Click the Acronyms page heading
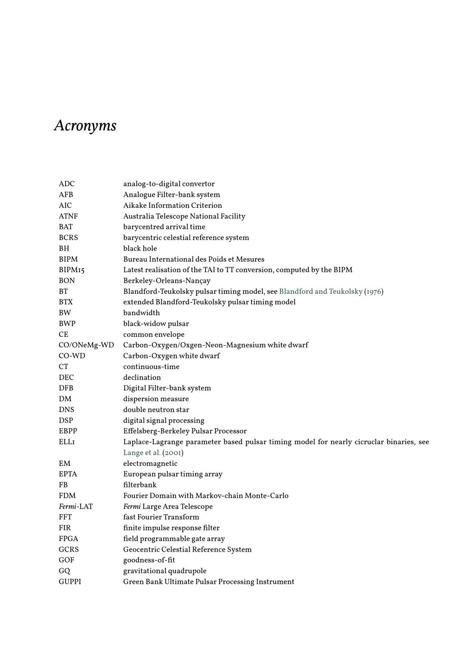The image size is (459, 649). coord(85,125)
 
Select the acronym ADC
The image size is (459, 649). coord(67,184)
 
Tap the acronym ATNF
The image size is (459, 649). coord(68,216)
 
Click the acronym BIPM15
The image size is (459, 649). coord(72,270)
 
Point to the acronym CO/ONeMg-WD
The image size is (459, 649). coord(86,345)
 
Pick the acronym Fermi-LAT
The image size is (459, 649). coord(76,507)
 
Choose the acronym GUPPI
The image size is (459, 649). coord(70,582)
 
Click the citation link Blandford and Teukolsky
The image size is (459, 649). coord(320,291)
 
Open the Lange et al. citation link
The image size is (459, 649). coord(142,453)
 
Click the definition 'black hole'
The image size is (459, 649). coord(140,248)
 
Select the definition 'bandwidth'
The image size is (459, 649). coord(141,313)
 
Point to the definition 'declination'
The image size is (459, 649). coord(142,378)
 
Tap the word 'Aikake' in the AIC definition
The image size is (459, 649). coord(134,206)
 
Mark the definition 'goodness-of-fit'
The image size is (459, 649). coord(149,560)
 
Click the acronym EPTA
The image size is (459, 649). coord(68,474)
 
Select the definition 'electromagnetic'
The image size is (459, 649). coord(150,464)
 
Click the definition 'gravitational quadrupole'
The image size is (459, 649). coord(165,571)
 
